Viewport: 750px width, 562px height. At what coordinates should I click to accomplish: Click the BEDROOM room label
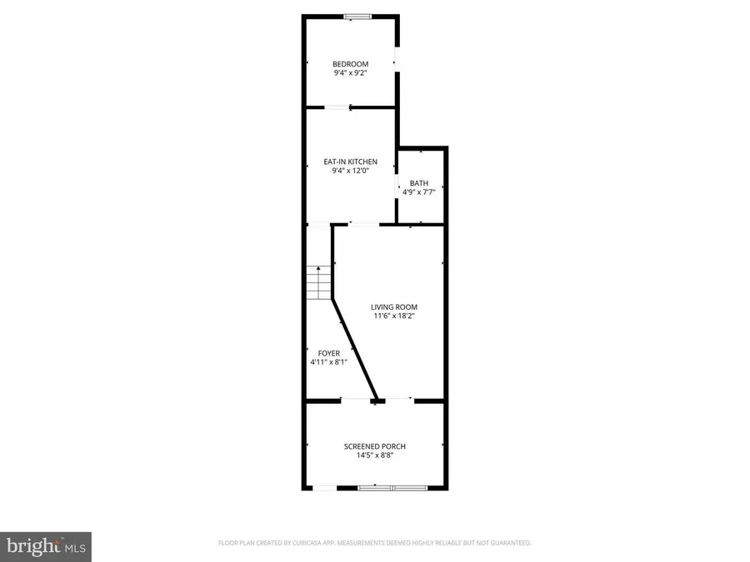coord(350,64)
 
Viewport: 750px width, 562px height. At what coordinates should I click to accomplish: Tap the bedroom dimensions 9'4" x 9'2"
coord(350,73)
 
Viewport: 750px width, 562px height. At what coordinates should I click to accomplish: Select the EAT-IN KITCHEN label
coord(350,162)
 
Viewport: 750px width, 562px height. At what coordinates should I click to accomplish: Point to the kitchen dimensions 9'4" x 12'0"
coord(350,171)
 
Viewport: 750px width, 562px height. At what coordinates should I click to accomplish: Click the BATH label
coord(418,183)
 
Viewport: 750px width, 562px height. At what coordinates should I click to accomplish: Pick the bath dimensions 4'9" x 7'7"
coord(418,192)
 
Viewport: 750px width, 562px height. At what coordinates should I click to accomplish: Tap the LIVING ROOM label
coord(394,307)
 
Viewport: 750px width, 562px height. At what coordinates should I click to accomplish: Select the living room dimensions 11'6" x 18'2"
coord(394,316)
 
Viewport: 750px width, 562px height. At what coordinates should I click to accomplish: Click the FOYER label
coord(328,353)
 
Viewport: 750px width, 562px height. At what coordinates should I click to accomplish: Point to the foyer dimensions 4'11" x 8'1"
coord(328,362)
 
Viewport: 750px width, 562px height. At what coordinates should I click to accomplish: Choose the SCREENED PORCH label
coord(375,447)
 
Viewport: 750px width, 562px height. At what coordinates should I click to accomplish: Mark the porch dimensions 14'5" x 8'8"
coord(375,456)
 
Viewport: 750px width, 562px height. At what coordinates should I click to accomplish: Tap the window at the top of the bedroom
coord(359,16)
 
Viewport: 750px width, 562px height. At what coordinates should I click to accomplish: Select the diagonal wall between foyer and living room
coord(356,350)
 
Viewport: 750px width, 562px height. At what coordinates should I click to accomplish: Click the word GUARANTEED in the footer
coord(509,543)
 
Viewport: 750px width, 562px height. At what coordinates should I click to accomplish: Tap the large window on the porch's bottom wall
coord(392,488)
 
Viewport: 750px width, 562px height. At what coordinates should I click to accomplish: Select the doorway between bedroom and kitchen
coord(337,107)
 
